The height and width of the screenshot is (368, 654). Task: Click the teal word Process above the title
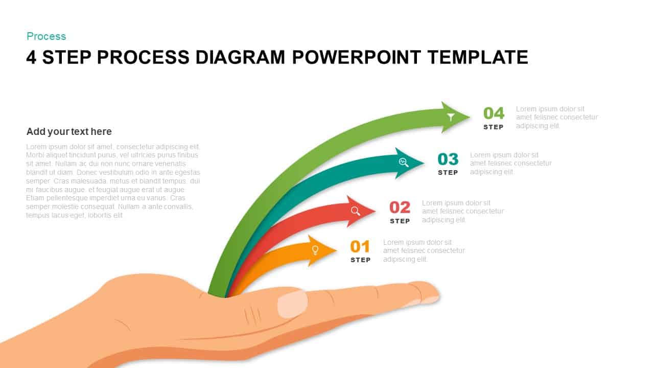[x=46, y=36]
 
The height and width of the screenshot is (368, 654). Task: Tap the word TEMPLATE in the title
[x=477, y=57]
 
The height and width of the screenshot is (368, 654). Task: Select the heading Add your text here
[x=69, y=131]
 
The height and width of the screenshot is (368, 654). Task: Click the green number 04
[x=494, y=113]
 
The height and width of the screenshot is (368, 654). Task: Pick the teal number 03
[x=448, y=159]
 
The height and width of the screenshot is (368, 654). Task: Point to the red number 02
[x=400, y=207]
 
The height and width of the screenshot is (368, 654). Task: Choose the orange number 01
[x=360, y=247]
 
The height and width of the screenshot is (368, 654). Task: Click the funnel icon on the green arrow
[x=451, y=117]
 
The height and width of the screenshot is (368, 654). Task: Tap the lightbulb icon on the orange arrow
[x=315, y=250]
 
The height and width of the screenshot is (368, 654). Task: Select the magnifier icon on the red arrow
[x=356, y=211]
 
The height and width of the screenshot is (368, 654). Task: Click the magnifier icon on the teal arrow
[x=404, y=162]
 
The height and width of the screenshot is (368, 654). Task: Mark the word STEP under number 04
[x=494, y=127]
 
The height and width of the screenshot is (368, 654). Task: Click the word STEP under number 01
[x=360, y=260]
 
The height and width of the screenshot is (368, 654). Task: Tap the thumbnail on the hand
[x=292, y=304]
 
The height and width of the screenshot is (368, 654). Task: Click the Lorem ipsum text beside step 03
[x=510, y=163]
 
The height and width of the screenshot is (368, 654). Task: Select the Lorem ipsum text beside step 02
[x=462, y=211]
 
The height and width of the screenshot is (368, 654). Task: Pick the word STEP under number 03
[x=448, y=172]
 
